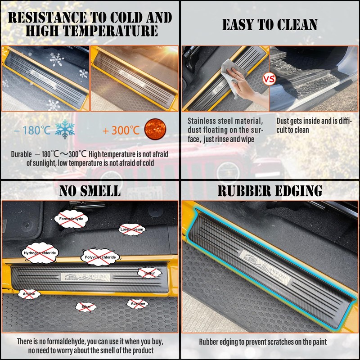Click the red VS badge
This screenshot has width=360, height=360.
(269, 80)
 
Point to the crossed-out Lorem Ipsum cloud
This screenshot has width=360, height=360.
(132, 229)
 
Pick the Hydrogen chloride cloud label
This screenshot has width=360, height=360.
(40, 253)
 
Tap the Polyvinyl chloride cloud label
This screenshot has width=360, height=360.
(100, 257)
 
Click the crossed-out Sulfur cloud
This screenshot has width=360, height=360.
(149, 273)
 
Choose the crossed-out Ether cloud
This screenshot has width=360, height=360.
(86, 306)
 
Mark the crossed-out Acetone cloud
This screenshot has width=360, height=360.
(138, 303)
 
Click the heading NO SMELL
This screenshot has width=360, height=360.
(90, 191)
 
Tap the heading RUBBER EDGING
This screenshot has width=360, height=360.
(270, 191)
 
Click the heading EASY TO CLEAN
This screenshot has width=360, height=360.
(270, 24)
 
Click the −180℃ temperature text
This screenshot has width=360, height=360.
(32, 130)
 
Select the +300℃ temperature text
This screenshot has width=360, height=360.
(121, 130)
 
